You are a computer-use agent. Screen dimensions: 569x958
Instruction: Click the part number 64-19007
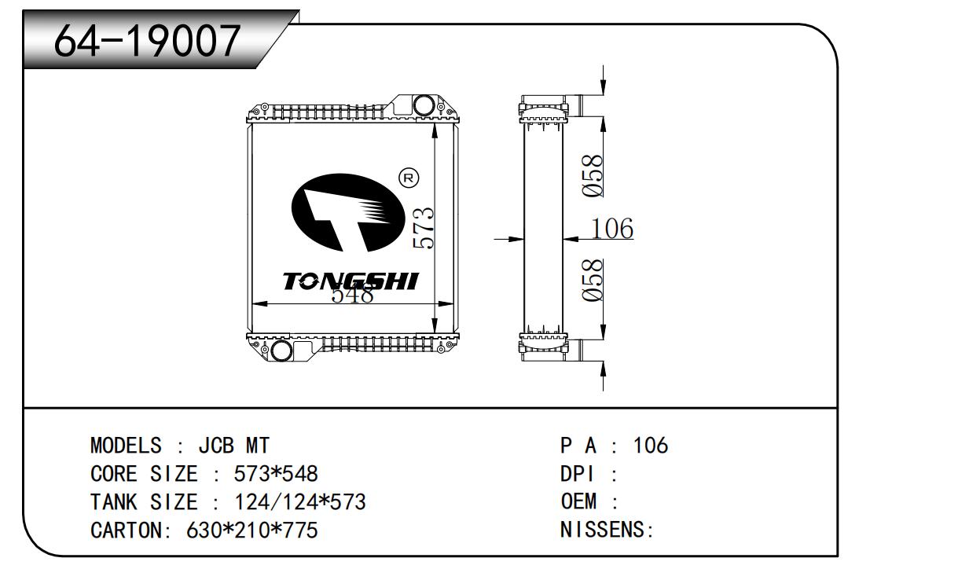point(147,42)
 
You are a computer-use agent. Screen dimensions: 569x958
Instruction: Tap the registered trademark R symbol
point(409,178)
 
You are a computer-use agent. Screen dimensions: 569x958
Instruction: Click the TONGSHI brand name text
point(351,281)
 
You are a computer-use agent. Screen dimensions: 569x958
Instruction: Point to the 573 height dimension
point(423,227)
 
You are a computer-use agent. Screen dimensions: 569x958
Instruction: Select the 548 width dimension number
point(351,296)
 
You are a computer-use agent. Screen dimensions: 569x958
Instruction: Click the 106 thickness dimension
point(611,229)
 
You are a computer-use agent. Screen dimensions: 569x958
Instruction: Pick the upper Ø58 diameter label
point(593,174)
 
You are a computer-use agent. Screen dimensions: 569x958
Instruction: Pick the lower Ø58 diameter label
point(593,280)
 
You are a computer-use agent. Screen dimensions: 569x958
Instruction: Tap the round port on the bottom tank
point(281,350)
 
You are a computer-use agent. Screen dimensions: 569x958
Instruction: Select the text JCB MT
point(233,446)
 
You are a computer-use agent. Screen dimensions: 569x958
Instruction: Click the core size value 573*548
point(276,474)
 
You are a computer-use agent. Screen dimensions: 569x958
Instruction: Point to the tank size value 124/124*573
point(300,502)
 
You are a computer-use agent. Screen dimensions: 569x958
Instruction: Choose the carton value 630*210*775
point(251,530)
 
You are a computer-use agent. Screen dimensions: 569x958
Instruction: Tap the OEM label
point(578,502)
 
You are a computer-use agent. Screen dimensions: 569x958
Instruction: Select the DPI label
point(577,474)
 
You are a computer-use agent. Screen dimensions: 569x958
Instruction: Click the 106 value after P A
point(650,446)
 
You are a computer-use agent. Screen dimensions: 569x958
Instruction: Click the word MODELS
point(126,446)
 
